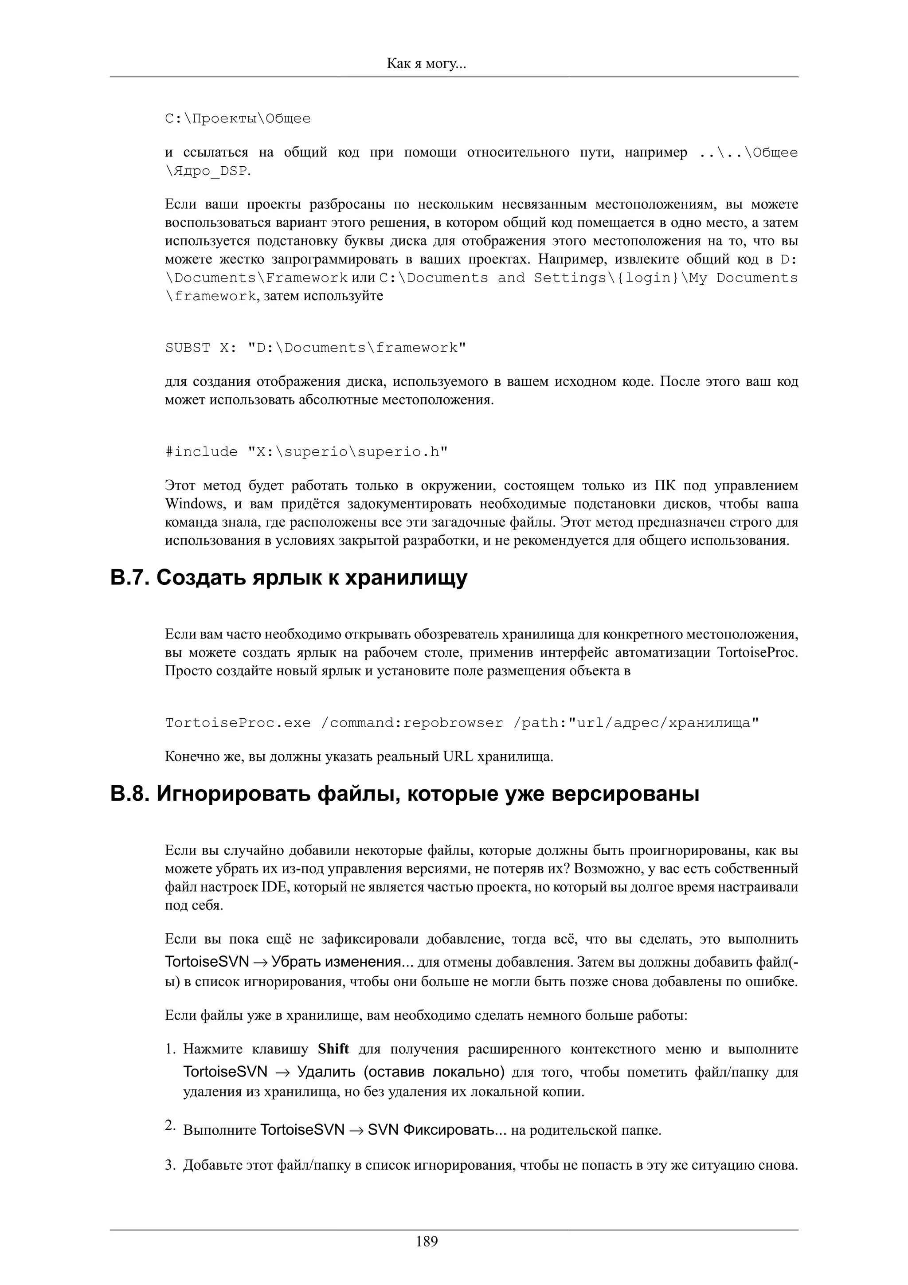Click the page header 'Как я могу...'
point(427,64)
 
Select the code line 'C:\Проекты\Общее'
point(238,119)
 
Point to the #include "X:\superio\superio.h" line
point(306,452)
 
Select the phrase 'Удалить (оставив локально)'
point(400,1072)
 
